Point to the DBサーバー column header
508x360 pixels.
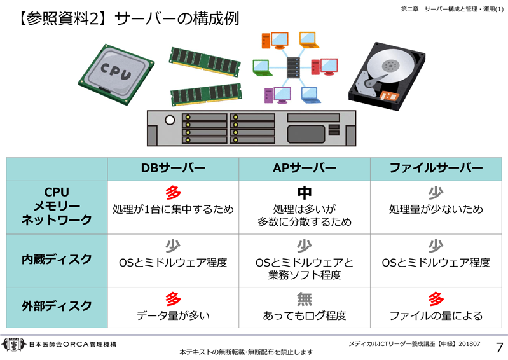[x=173, y=169]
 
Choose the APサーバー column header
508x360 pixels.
[x=305, y=169]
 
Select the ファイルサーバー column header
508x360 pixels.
[x=436, y=169]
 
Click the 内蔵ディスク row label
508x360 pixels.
[x=57, y=260]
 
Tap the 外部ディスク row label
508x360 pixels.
[x=57, y=305]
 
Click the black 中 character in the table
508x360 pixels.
[x=305, y=193]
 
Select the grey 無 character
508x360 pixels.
[x=305, y=298]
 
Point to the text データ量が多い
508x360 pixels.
[x=173, y=315]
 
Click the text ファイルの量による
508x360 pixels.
[x=436, y=315]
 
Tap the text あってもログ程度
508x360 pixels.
[x=305, y=315]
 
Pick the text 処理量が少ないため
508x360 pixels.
[x=436, y=209]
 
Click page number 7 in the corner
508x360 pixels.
[x=498, y=347]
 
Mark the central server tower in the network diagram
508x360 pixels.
[x=293, y=65]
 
